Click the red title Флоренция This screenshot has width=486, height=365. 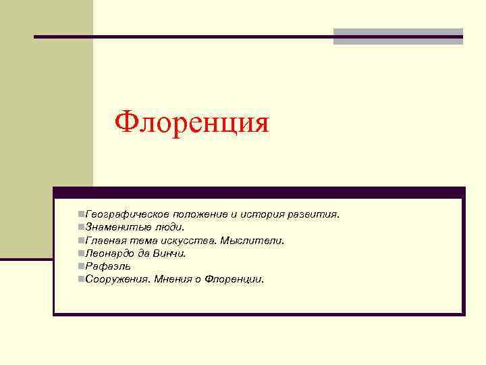[x=192, y=122]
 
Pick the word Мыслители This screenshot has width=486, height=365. [x=256, y=240]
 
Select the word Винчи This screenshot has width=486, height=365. [x=173, y=253]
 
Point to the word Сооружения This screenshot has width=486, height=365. [x=117, y=278]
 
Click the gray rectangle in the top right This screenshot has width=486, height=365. [x=398, y=36]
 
